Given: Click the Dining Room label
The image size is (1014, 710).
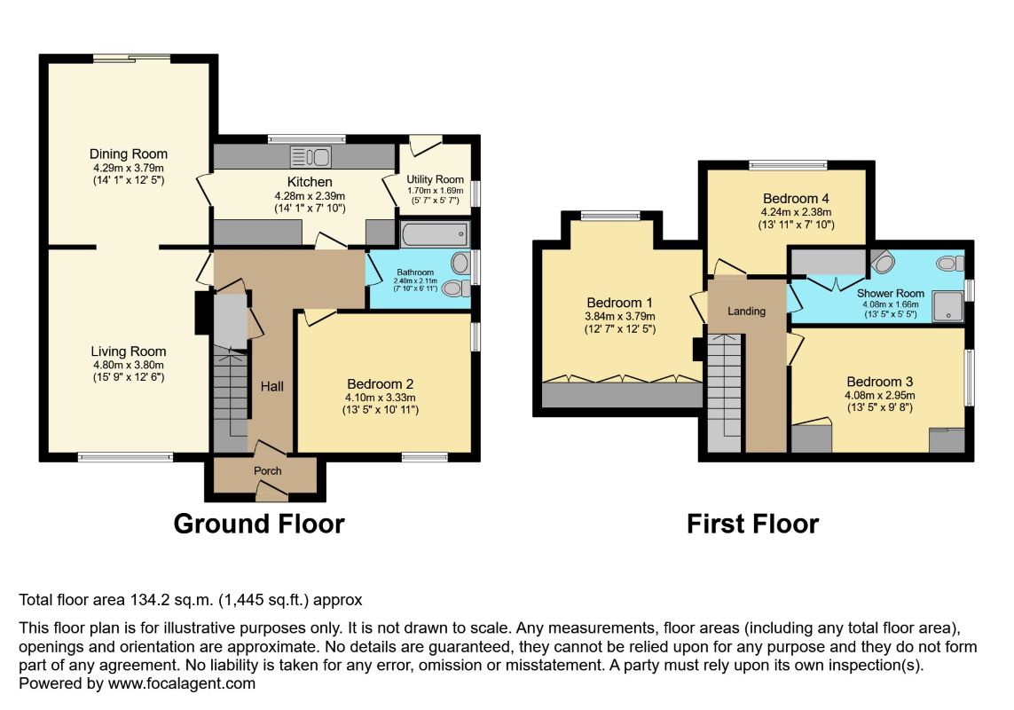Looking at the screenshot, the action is coord(128,154).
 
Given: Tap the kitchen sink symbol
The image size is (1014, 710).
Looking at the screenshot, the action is coord(310,157).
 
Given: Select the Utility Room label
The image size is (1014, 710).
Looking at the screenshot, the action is coord(436,179).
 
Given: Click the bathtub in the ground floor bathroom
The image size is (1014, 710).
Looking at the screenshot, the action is coord(435,233).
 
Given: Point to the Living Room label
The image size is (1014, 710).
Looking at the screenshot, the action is coord(128,351).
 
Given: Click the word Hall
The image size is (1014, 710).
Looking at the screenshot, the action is coord(272,386).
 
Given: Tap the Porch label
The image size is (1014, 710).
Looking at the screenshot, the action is coord(268,470).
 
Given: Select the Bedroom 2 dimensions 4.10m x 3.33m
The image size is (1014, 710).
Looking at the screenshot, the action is coord(381,398).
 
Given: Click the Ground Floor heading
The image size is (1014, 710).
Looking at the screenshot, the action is coord(259,524).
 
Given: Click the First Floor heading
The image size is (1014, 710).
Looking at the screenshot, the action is coord(753,524).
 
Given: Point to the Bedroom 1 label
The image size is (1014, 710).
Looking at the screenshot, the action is coord(619,303).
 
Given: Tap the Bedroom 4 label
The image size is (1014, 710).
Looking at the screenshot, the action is coord(796,199).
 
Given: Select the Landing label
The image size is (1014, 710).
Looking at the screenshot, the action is coord(746,312).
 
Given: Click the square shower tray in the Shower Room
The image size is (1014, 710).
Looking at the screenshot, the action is coord(947,306).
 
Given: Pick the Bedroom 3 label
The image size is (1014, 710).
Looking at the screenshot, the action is coord(880,382).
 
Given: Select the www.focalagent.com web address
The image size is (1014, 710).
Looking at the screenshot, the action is coord(182,683).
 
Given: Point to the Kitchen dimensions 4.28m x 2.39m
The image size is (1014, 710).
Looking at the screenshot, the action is coord(310,196).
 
